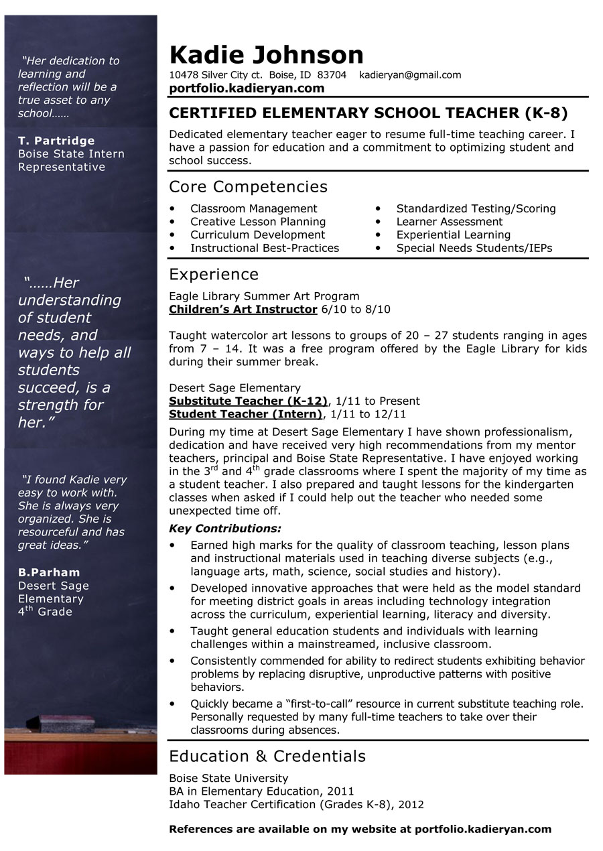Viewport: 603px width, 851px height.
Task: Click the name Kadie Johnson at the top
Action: pyautogui.click(x=266, y=54)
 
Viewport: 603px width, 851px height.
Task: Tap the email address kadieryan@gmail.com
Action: pyautogui.click(x=410, y=75)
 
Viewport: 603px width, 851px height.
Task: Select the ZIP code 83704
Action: pyautogui.click(x=332, y=75)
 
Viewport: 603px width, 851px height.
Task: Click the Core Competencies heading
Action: pyautogui.click(x=248, y=187)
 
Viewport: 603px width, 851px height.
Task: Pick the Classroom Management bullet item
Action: pyautogui.click(x=253, y=208)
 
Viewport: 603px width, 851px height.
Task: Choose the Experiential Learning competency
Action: pyautogui.click(x=453, y=235)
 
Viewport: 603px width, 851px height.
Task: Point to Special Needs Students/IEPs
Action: pyautogui.click(x=474, y=248)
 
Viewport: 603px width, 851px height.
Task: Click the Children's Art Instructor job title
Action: pyautogui.click(x=243, y=309)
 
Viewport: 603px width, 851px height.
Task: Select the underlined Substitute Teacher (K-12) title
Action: pyautogui.click(x=248, y=401)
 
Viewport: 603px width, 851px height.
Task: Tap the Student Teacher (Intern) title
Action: pyautogui.click(x=245, y=414)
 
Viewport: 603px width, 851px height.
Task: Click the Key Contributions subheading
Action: pyautogui.click(x=225, y=529)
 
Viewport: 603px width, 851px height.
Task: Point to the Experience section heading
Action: pyautogui.click(x=214, y=274)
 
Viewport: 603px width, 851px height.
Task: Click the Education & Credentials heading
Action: pyautogui.click(x=267, y=756)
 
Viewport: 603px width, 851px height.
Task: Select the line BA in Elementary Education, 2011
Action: pyautogui.click(x=261, y=791)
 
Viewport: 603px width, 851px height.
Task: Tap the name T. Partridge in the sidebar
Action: pyautogui.click(x=56, y=141)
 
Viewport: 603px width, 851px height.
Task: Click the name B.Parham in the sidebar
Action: pyautogui.click(x=49, y=572)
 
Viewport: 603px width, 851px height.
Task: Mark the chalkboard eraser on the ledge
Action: pyautogui.click(x=67, y=723)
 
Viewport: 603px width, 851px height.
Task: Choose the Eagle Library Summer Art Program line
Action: pyautogui.click(x=264, y=296)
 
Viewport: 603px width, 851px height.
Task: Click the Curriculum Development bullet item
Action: pyautogui.click(x=257, y=235)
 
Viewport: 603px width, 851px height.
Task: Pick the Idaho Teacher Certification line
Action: pyautogui.click(x=296, y=804)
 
